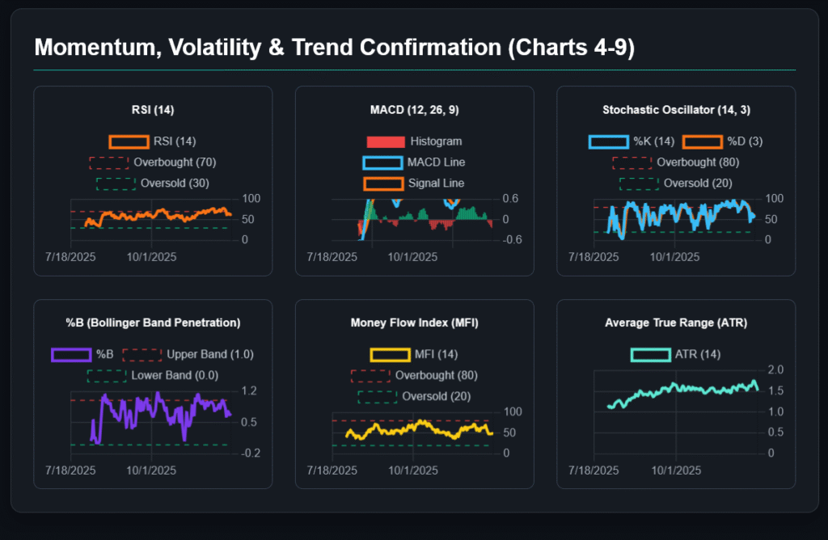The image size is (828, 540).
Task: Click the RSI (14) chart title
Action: (x=153, y=109)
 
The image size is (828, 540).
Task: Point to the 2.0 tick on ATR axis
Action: (x=775, y=369)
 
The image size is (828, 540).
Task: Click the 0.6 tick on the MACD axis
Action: (x=512, y=199)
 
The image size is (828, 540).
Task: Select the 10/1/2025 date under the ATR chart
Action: (x=676, y=470)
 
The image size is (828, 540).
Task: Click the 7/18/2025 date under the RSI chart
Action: (x=71, y=257)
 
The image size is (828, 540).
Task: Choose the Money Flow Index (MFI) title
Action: (x=414, y=323)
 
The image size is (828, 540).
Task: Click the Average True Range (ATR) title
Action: (x=676, y=323)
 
